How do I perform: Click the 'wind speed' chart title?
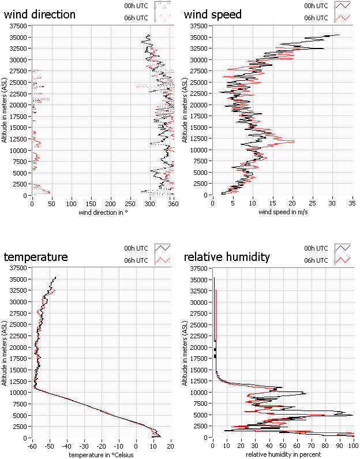point(213,14)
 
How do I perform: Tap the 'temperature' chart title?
point(36,257)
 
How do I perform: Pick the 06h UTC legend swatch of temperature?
point(163,260)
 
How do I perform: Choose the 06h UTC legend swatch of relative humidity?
point(344,260)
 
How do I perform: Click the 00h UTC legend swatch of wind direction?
point(163,6)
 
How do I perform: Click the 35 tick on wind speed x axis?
point(352,203)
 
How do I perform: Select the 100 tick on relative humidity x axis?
point(352,446)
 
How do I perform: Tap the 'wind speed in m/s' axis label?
point(282,212)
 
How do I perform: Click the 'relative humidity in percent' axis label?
point(282,454)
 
